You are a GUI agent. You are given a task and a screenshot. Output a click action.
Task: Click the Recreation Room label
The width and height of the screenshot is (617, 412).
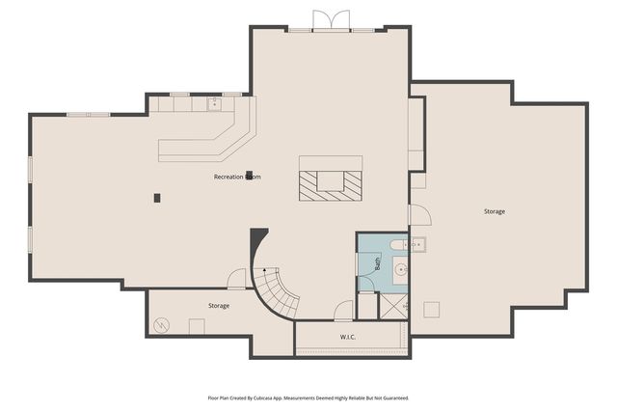pyautogui.click(x=236, y=178)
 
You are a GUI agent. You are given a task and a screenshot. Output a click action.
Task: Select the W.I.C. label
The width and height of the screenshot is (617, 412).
pyautogui.click(x=349, y=337)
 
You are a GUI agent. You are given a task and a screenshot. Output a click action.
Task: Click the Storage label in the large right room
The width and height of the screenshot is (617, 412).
pyautogui.click(x=494, y=211)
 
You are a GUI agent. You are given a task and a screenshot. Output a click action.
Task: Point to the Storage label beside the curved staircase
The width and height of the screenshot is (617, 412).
pyautogui.click(x=219, y=306)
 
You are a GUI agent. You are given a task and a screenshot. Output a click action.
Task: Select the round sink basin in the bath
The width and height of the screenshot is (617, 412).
pyautogui.click(x=400, y=269)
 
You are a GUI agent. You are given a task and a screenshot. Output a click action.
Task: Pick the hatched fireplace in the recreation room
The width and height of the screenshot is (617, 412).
pyautogui.click(x=331, y=181)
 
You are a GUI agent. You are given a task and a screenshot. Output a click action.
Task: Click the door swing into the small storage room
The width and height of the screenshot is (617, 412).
pyautogui.click(x=236, y=280)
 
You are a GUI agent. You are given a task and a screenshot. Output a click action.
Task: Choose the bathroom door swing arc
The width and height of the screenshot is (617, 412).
pyautogui.click(x=365, y=284)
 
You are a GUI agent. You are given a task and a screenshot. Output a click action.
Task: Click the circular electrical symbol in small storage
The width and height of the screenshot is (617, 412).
pyautogui.click(x=161, y=325)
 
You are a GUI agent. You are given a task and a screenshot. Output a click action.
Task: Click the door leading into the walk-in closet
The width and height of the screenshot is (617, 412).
pyautogui.click(x=342, y=312)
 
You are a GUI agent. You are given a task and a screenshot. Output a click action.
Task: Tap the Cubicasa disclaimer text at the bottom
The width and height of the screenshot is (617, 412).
pyautogui.click(x=308, y=398)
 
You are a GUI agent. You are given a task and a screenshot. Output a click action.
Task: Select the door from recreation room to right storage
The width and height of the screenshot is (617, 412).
pyautogui.click(x=418, y=214)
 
